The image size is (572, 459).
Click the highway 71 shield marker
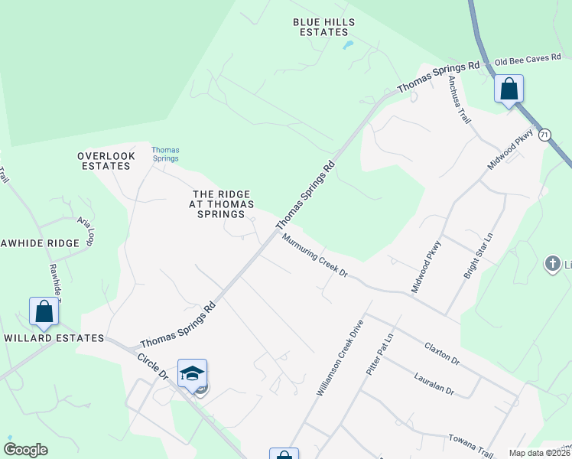544,135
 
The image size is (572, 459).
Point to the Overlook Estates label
106,161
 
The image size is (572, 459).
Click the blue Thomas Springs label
165,154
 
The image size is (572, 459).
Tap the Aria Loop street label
85,230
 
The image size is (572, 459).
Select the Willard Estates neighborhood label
54,337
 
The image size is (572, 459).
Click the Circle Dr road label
152,366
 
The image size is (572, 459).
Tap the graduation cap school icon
192,373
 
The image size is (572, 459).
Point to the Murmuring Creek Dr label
314,256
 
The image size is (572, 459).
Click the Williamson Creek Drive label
340,358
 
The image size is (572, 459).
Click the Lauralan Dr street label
434,384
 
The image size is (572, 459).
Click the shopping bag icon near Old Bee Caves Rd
509,89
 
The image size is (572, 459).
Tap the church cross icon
552,265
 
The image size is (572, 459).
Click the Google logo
25,450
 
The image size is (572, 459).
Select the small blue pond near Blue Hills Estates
349,45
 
